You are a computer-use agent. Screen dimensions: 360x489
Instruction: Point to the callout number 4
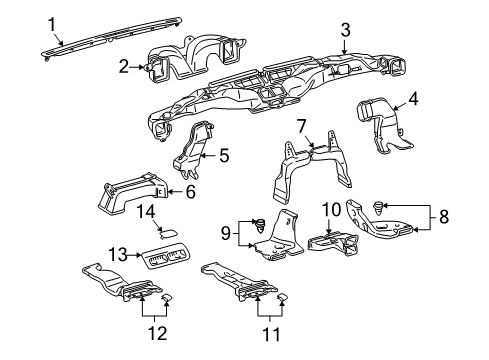tap(413, 100)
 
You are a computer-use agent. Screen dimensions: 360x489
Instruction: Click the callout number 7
tap(299, 126)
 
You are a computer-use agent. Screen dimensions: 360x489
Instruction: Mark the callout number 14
tap(145, 210)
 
